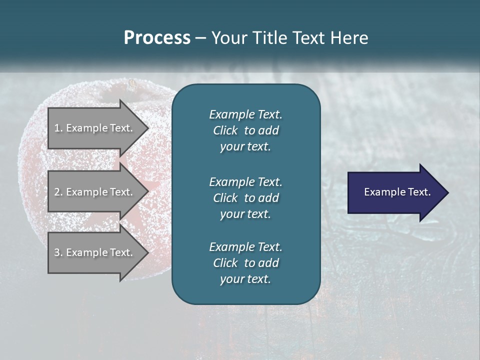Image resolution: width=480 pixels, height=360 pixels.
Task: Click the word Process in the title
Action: point(157,38)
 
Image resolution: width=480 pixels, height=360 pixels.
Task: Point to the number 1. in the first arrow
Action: point(58,128)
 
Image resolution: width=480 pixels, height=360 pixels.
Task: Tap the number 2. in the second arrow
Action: point(58,192)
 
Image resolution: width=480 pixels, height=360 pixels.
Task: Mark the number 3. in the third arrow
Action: point(58,252)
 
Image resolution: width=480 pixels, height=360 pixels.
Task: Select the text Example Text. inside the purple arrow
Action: point(397,192)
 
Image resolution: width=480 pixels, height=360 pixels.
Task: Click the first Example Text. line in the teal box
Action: point(245,114)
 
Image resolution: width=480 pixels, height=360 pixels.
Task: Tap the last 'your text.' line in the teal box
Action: point(245,279)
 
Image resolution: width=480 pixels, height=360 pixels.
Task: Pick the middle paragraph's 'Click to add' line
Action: point(245,198)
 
